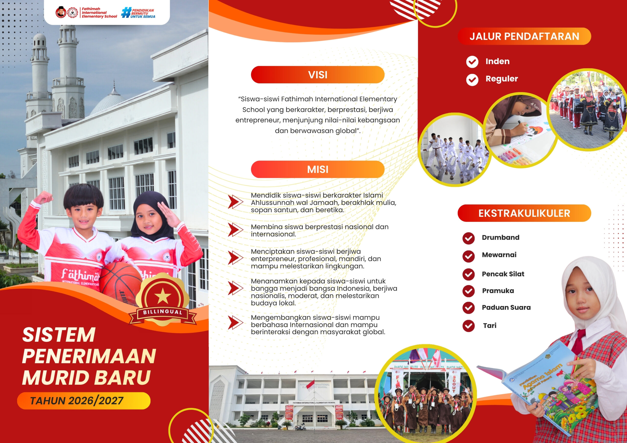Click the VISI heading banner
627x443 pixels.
(318, 74)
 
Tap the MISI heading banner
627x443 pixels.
(318, 169)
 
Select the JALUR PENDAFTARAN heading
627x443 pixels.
(524, 36)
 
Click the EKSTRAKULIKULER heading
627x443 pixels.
(524, 213)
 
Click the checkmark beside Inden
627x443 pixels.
(472, 62)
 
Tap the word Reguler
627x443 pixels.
(502, 79)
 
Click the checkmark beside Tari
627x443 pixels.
(469, 326)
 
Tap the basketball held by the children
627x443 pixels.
(120, 284)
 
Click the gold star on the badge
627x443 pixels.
(163, 296)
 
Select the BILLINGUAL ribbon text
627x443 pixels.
(163, 312)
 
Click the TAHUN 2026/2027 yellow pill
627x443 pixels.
(84, 401)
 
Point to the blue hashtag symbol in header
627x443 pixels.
(126, 12)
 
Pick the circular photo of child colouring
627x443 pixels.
(520, 130)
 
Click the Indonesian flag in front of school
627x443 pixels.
(310, 386)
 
